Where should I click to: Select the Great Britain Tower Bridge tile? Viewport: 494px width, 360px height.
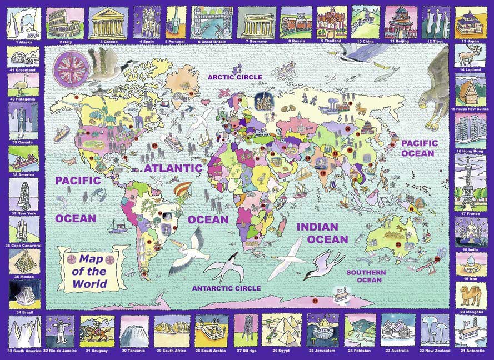pyautogui.click(x=212, y=22)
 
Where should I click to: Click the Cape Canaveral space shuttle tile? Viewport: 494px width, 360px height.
pyautogui.click(x=23, y=229)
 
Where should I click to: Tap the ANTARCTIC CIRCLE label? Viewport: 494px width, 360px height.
pyautogui.click(x=226, y=288)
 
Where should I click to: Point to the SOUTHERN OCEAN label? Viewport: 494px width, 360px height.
pyautogui.click(x=365, y=276)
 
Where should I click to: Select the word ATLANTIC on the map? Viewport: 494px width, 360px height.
pyautogui.click(x=173, y=168)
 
